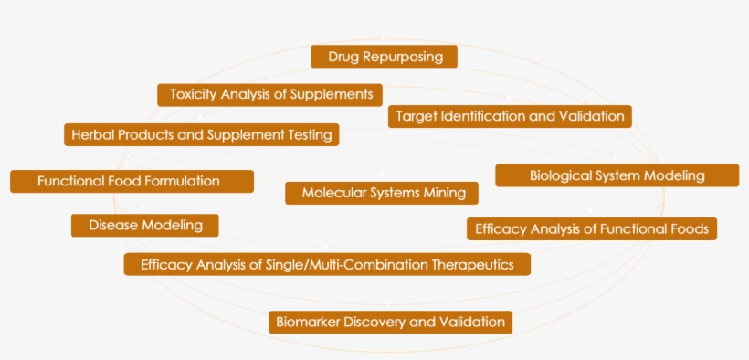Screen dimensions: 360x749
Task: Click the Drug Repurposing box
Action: (384, 57)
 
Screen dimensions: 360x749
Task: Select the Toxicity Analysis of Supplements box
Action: (269, 94)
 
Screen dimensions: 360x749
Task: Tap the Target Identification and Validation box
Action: (510, 116)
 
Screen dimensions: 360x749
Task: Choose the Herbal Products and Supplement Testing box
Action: (202, 134)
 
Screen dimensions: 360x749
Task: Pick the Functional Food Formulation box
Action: (132, 181)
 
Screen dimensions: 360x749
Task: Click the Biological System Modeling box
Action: (617, 175)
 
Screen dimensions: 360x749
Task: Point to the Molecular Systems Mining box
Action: (382, 193)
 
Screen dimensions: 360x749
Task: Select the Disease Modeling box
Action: (144, 225)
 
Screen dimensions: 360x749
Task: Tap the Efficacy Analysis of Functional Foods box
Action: (591, 228)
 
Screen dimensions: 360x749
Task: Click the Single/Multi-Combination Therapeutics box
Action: (327, 264)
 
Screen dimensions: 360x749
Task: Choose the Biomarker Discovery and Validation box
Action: (390, 322)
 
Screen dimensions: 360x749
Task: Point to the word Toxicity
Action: (193, 94)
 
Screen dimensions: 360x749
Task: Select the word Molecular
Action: (334, 193)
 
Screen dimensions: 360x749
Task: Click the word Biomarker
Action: (309, 322)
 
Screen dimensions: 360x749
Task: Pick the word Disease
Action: (113, 225)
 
